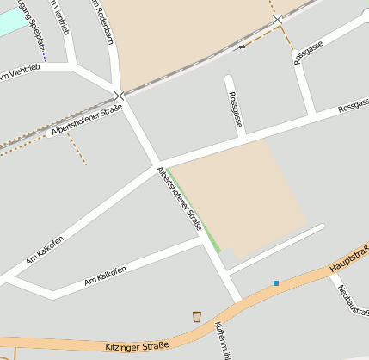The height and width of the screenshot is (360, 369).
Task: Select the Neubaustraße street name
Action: [354, 300]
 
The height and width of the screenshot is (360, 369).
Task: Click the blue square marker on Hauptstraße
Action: [276, 282]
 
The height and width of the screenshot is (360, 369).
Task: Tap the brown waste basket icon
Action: [197, 317]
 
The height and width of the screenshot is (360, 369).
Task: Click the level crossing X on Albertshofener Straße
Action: [119, 95]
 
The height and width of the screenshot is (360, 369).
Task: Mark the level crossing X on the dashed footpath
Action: [277, 18]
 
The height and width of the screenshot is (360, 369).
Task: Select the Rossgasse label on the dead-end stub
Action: [235, 112]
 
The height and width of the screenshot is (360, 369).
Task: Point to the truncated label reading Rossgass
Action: [353, 108]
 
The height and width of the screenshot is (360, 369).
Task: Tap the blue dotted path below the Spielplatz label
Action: [43, 53]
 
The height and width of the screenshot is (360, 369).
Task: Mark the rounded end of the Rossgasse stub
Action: [230, 80]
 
